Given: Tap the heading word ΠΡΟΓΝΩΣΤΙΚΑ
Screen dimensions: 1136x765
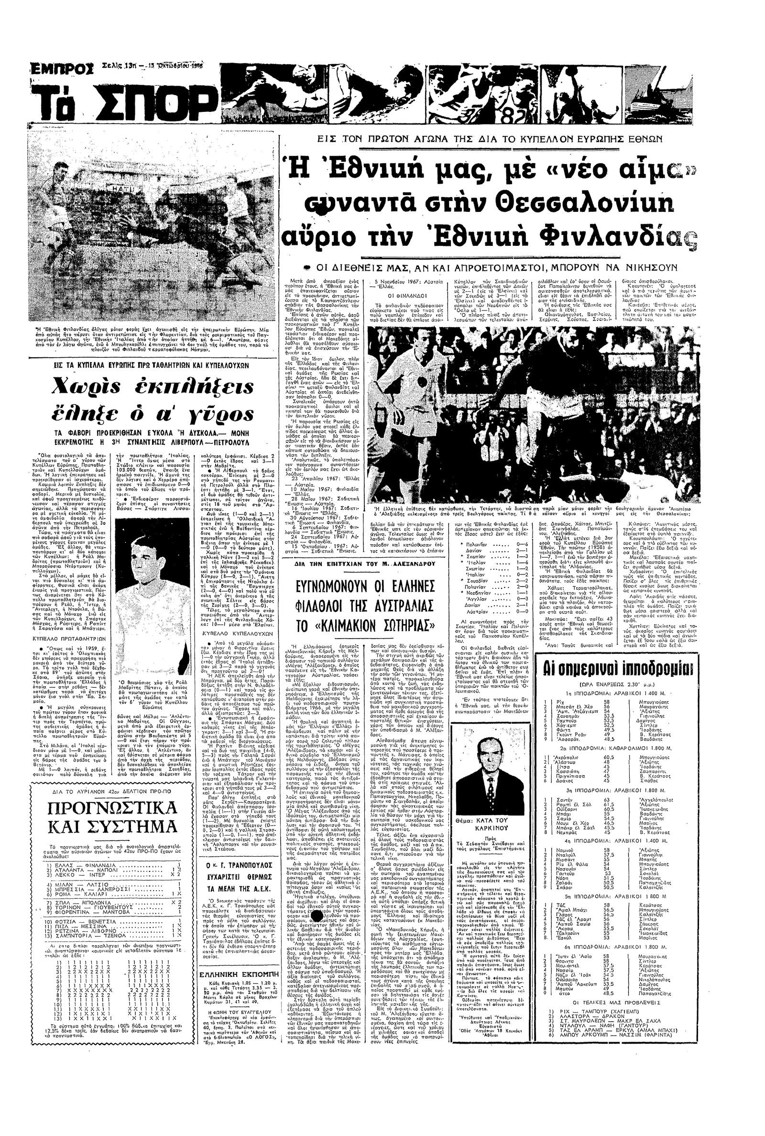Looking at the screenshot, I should click(x=112, y=807).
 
